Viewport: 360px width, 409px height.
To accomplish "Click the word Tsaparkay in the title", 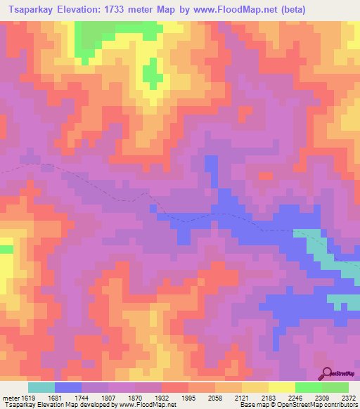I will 31,9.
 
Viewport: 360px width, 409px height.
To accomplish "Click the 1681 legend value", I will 67,397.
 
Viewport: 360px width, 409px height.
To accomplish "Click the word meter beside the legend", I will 10,397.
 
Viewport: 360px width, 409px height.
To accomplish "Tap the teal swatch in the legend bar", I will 41,387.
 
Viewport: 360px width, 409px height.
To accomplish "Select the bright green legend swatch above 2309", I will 308,387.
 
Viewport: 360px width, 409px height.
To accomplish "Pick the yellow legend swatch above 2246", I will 281,387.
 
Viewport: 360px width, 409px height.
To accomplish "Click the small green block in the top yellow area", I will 150,72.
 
